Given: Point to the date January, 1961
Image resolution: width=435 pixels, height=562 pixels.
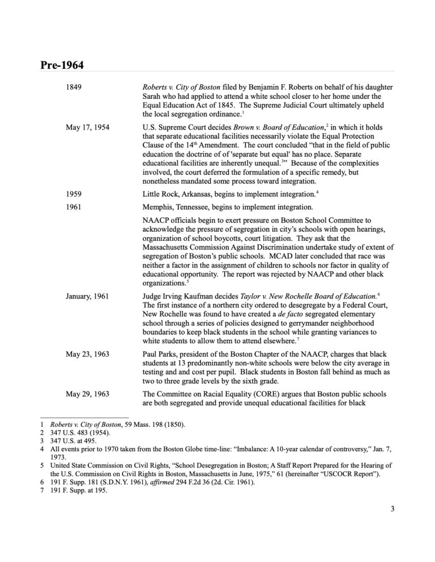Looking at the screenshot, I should [x=87, y=296].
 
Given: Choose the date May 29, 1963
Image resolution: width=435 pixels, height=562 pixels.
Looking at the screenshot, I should [x=87, y=392].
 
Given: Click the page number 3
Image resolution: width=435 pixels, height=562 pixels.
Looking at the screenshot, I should [x=392, y=509].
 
